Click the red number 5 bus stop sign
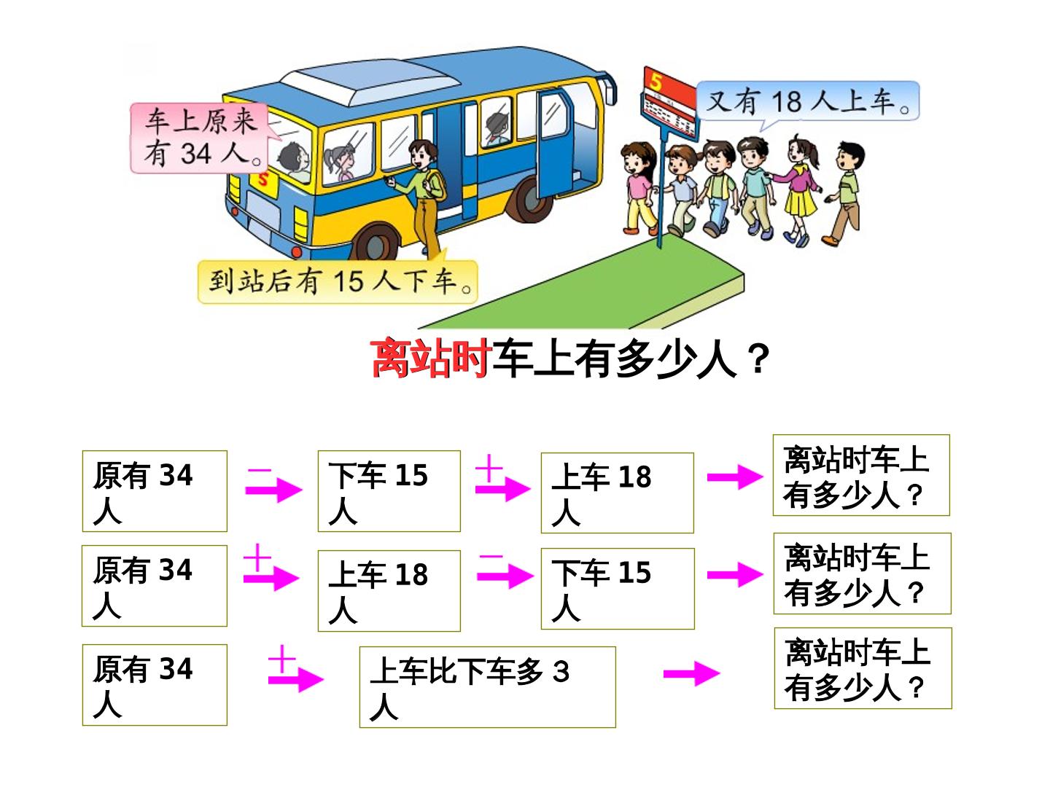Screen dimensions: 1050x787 tap(668, 103)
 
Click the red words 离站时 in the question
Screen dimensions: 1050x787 tap(430, 358)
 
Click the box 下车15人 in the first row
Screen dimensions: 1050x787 tap(389, 490)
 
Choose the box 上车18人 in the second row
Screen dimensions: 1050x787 tap(389, 590)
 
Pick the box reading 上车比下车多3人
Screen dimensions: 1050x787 tap(488, 687)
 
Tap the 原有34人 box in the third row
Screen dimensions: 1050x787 tap(155, 685)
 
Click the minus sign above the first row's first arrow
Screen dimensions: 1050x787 tap(260, 471)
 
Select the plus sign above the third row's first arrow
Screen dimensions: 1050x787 tap(281, 659)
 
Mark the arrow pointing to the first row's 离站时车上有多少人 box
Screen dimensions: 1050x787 tap(735, 477)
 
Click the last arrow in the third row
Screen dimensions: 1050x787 tap(692, 674)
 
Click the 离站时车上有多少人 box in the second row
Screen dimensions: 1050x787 tap(863, 573)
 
